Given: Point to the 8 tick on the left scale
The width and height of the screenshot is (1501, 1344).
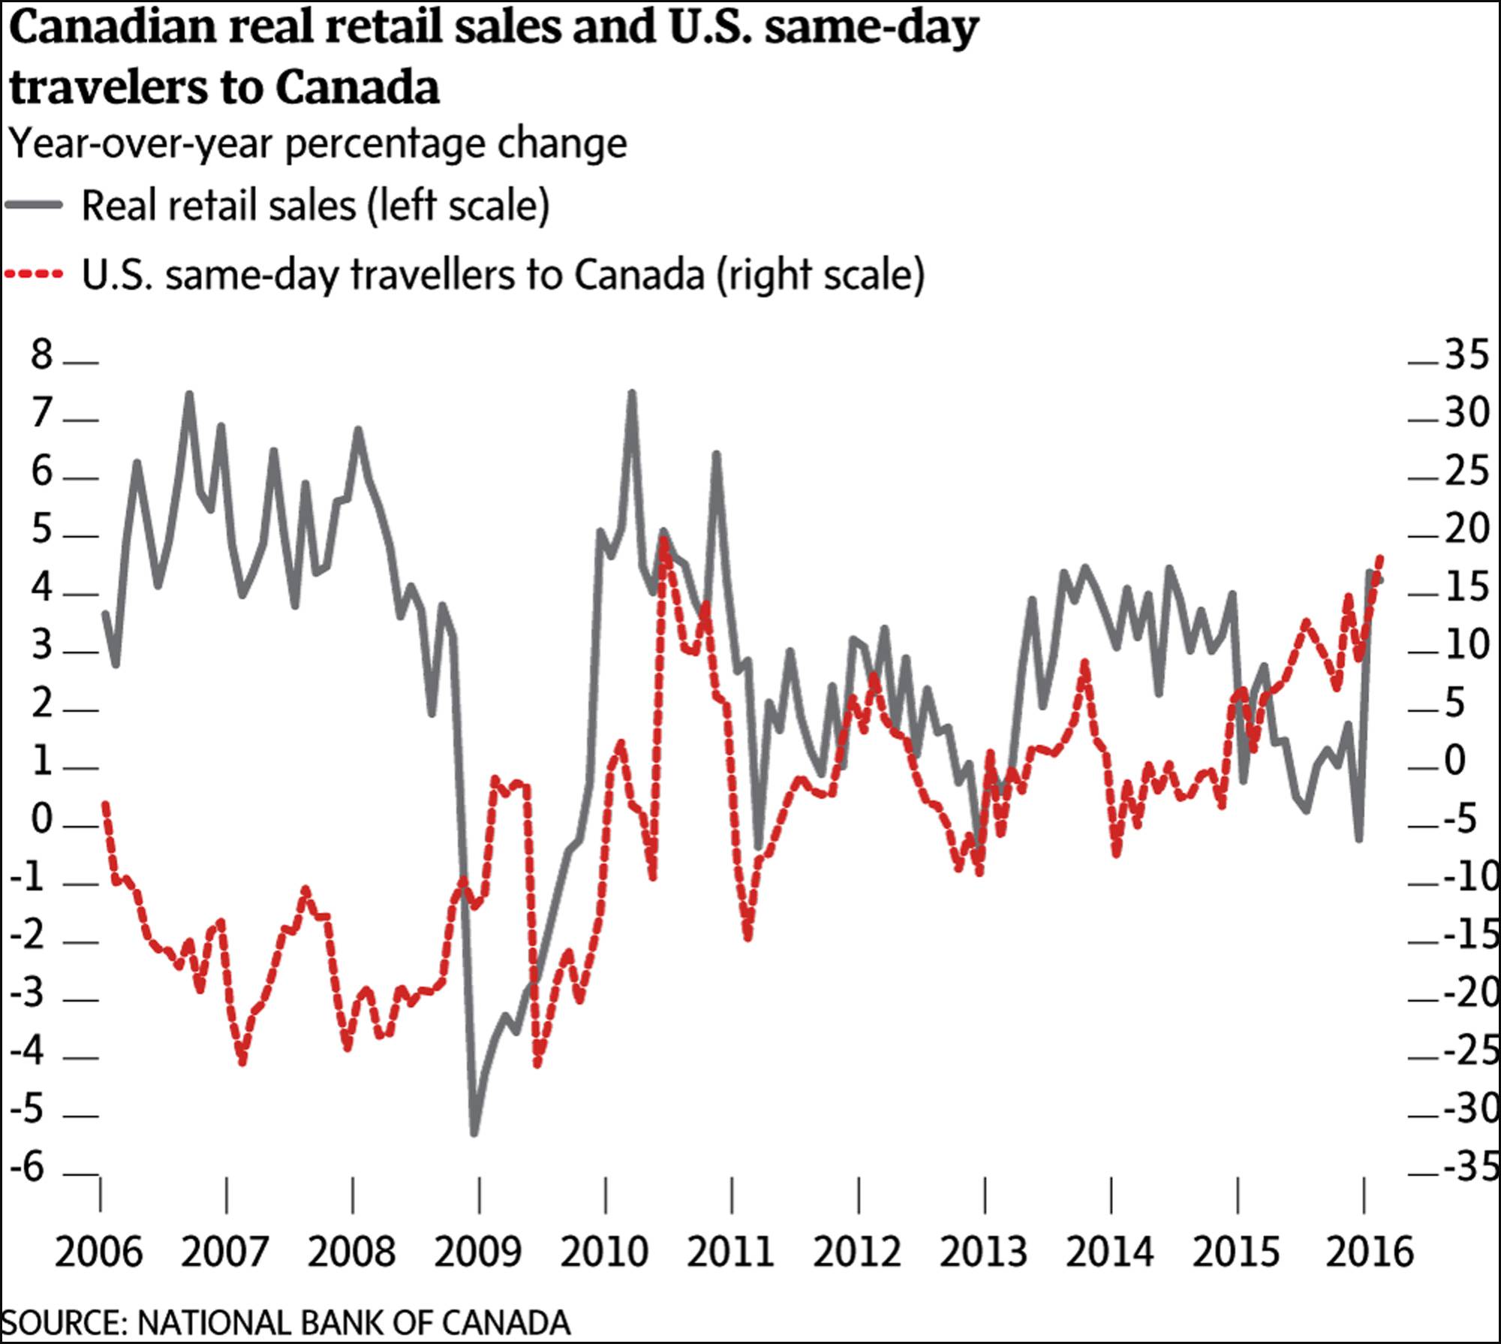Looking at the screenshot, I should coord(42,354).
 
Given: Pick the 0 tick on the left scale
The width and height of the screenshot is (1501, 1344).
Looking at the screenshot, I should coord(42,818).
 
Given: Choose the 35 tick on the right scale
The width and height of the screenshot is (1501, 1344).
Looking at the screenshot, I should coord(1466,354).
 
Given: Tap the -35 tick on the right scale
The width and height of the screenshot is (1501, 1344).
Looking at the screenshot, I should coord(1471,1168).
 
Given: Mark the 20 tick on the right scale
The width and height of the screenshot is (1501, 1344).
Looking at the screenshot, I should coord(1466,529).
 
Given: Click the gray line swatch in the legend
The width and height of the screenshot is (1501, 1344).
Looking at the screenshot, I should coord(34,205).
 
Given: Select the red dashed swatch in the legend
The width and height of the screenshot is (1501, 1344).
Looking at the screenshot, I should coord(34,275).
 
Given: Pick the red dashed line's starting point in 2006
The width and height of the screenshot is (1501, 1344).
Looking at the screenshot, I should coord(105,803).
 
